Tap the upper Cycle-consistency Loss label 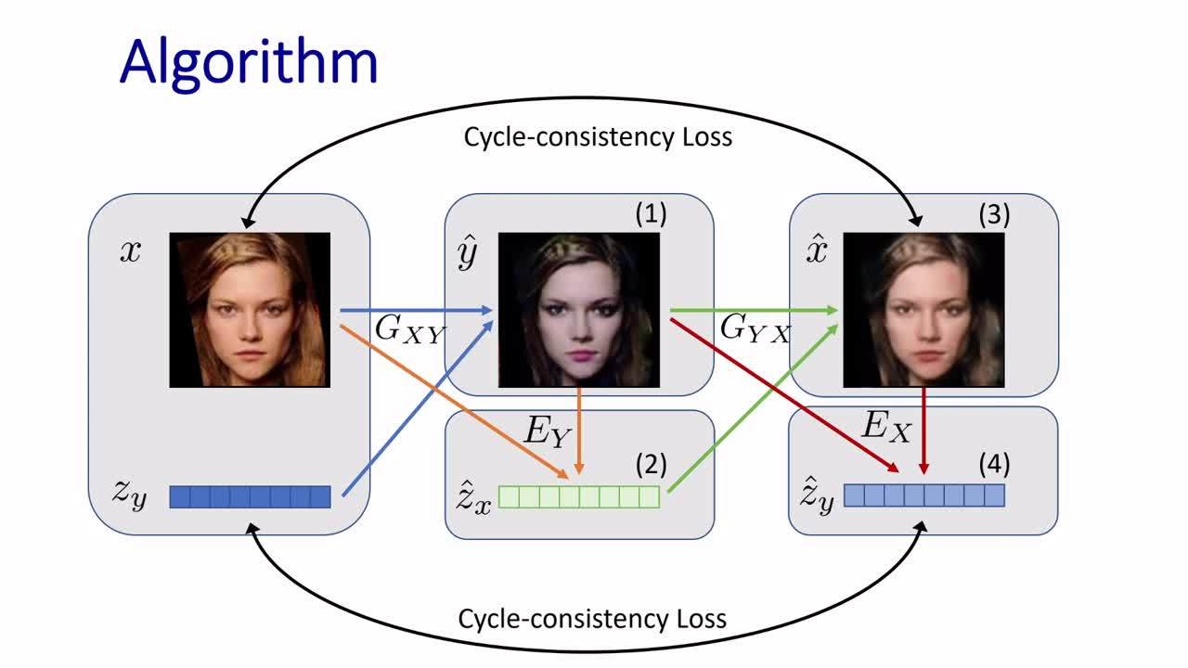coord(598,137)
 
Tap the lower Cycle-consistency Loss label coord(592,618)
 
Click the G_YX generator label coord(755,329)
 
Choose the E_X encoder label coord(886,426)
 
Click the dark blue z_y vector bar coord(250,496)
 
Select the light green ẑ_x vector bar coord(579,496)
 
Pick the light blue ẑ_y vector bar coord(924,495)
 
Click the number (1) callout coord(651,214)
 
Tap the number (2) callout coord(651,463)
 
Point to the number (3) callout coord(994,214)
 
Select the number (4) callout coord(994,463)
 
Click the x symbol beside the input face coord(130,251)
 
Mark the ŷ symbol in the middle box coord(467,252)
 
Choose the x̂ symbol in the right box coord(816,250)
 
